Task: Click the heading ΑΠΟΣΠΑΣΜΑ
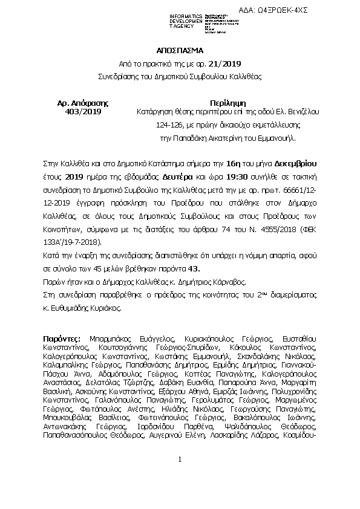point(180,50)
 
